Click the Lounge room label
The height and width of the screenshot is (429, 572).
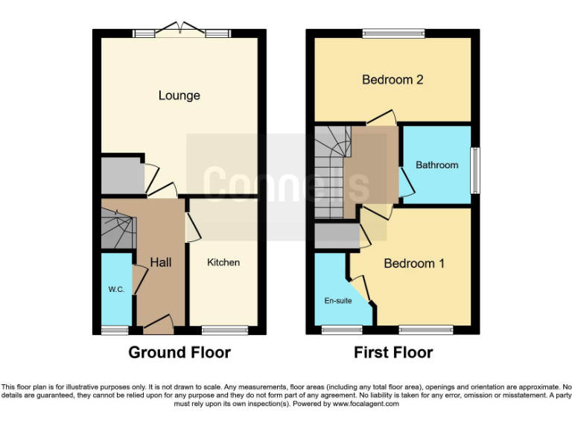[179, 95]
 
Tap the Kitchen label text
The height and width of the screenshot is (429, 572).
[223, 262]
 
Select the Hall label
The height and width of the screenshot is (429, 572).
[161, 262]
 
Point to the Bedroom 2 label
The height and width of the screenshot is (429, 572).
[393, 80]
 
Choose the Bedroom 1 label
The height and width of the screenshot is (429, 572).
[414, 264]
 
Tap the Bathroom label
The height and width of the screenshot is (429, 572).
[436, 165]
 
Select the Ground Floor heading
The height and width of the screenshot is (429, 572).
[179, 352]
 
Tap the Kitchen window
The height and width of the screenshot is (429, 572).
[224, 329]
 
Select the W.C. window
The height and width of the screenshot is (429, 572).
[115, 329]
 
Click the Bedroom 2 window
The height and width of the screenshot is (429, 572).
[393, 33]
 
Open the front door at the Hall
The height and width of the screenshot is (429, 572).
[159, 325]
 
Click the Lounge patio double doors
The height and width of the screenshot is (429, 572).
[182, 31]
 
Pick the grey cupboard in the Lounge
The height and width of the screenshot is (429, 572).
[121, 175]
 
